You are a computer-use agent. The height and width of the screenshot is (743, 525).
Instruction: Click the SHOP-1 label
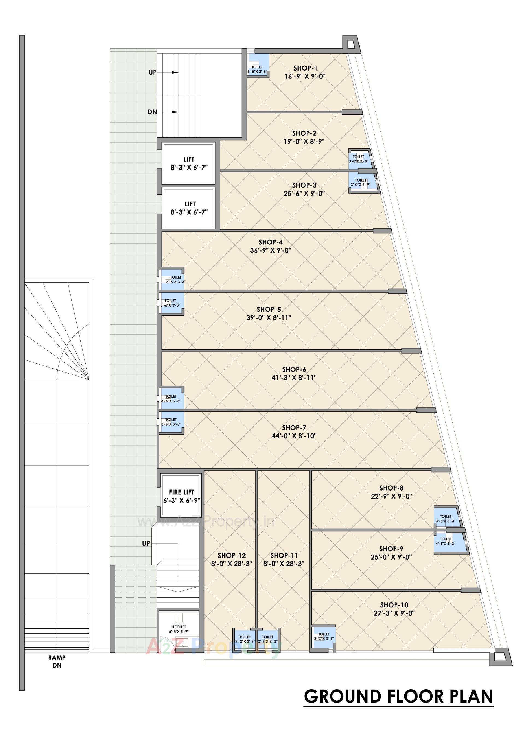305,68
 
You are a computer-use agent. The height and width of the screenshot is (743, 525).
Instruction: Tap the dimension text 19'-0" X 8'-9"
304,141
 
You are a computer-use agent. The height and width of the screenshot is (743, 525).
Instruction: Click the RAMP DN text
57,662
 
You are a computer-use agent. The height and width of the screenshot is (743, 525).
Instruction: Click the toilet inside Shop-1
258,65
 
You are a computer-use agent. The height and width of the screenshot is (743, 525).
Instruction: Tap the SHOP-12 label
231,555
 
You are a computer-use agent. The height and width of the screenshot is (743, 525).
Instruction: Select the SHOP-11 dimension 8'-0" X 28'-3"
284,564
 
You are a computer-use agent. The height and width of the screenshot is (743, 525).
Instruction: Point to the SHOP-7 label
294,427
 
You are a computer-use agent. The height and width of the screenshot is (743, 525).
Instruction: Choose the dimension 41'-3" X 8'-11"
294,378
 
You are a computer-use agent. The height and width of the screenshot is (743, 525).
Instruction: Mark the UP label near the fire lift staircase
146,544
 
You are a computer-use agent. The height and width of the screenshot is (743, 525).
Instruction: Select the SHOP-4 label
271,242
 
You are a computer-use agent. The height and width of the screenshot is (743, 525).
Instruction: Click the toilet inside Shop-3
361,182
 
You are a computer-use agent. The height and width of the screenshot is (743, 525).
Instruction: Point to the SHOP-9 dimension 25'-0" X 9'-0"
391,557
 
